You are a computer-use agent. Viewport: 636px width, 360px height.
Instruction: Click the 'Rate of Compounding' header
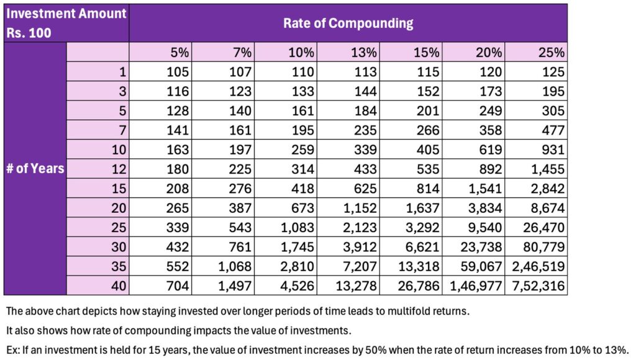[x=348, y=24]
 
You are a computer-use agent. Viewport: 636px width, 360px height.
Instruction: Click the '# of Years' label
[x=35, y=168]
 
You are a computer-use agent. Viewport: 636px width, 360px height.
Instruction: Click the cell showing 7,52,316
[x=537, y=286]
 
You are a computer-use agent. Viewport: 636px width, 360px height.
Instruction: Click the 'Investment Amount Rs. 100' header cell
[x=66, y=24]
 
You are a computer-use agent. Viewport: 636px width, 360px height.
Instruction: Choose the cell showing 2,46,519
[x=537, y=266]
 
